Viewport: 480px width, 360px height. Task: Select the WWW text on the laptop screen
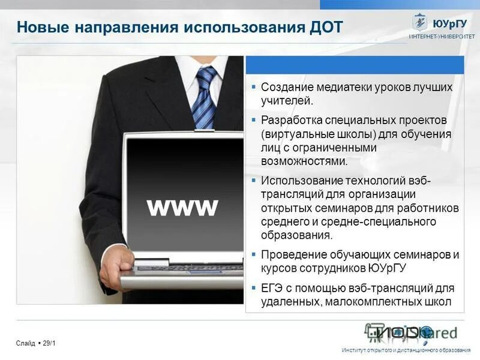coord(182,207)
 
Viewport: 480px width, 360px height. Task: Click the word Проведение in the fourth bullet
coord(292,254)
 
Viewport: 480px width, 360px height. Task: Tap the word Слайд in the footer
coord(26,343)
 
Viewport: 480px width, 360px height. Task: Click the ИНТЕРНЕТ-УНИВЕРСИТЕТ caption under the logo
coord(442,37)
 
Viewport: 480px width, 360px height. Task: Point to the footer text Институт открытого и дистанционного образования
coord(406,350)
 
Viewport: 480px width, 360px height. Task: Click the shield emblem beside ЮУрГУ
coord(419,22)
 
